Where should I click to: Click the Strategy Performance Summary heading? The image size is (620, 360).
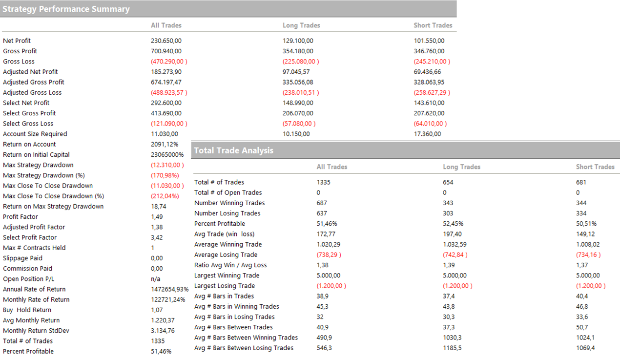tap(66, 9)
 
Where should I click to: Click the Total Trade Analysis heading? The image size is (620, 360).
tap(233, 150)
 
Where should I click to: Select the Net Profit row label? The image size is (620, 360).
tap(17, 41)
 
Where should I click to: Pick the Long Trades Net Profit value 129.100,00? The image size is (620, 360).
tap(298, 41)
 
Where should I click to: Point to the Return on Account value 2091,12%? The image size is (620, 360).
tap(165, 144)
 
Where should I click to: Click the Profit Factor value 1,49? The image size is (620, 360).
tap(157, 216)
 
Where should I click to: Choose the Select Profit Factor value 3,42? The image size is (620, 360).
tap(157, 237)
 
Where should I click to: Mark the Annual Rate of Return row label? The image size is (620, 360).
tap(34, 289)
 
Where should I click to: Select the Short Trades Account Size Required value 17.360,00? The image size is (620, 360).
tap(427, 134)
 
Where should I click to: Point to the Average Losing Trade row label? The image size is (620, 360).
tap(226, 254)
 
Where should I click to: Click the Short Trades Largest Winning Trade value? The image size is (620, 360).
tap(588, 275)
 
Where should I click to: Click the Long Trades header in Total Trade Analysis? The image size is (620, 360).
tap(461, 167)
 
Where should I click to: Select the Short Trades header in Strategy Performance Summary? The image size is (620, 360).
tap(433, 25)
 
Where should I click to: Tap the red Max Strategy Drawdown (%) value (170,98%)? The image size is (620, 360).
tap(165, 175)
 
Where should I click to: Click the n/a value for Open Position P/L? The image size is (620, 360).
tap(156, 279)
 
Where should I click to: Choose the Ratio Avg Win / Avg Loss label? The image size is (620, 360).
tap(230, 265)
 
